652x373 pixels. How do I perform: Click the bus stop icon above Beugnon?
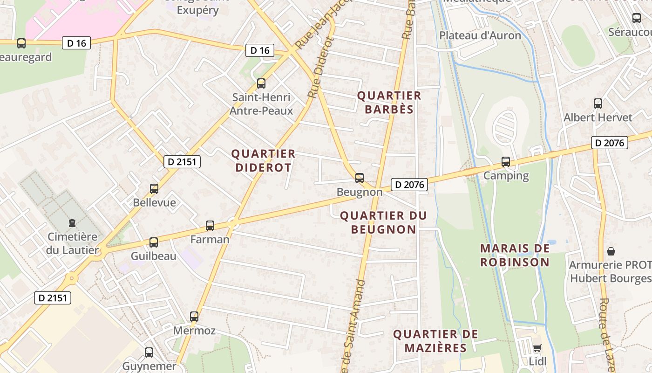359,178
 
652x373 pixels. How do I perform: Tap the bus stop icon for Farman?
210,226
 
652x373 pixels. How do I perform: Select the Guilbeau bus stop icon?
154,242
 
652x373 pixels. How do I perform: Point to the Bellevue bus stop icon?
154,189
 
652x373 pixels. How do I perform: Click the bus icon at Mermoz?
194,317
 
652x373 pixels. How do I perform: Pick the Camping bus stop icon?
506,162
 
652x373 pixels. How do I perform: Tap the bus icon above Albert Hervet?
598,104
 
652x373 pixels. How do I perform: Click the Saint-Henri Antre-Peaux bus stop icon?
261,83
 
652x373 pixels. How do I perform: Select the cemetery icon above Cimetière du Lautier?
72,223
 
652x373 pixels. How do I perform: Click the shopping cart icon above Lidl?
537,348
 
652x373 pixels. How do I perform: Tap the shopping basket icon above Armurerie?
611,251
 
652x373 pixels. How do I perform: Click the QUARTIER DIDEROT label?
264,160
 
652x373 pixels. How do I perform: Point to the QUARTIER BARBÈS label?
389,103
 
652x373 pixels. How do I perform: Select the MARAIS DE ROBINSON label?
515,255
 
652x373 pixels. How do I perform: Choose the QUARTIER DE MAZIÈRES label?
435,341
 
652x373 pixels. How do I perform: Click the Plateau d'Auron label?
480,35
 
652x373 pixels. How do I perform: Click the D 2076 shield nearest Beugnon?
409,185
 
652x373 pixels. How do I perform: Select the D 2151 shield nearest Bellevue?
182,162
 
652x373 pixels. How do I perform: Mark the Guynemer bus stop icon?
149,352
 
